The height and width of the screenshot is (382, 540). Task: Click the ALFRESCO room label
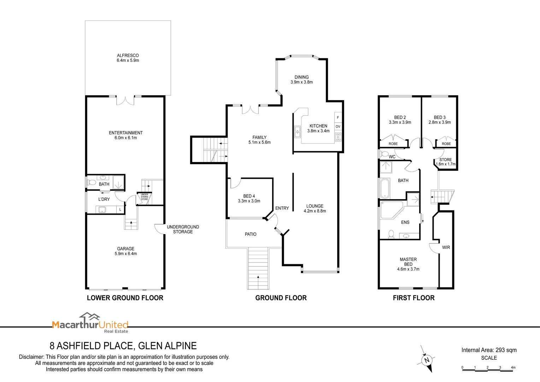(128, 56)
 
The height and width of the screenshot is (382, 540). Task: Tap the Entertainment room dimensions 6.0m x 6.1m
(125, 138)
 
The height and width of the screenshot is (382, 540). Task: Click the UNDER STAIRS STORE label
(145, 197)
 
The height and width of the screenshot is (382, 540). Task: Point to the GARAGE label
(125, 249)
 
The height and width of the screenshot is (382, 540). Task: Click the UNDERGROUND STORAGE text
(183, 229)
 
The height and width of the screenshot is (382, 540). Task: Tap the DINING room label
(301, 77)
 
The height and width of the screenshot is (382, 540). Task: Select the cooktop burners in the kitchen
(338, 137)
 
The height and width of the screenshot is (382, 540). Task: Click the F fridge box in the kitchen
(338, 117)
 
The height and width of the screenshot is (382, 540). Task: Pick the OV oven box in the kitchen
(338, 126)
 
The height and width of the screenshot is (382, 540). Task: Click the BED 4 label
(249, 196)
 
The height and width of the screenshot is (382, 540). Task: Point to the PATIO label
(251, 234)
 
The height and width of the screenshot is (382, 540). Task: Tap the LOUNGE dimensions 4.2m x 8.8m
(315, 211)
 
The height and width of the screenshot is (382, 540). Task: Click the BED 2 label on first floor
(400, 117)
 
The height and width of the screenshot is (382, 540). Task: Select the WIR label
(446, 248)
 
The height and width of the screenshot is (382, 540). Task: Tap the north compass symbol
(427, 360)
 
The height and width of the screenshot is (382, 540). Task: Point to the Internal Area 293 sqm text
(489, 350)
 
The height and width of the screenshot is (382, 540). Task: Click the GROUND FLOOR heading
(281, 298)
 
